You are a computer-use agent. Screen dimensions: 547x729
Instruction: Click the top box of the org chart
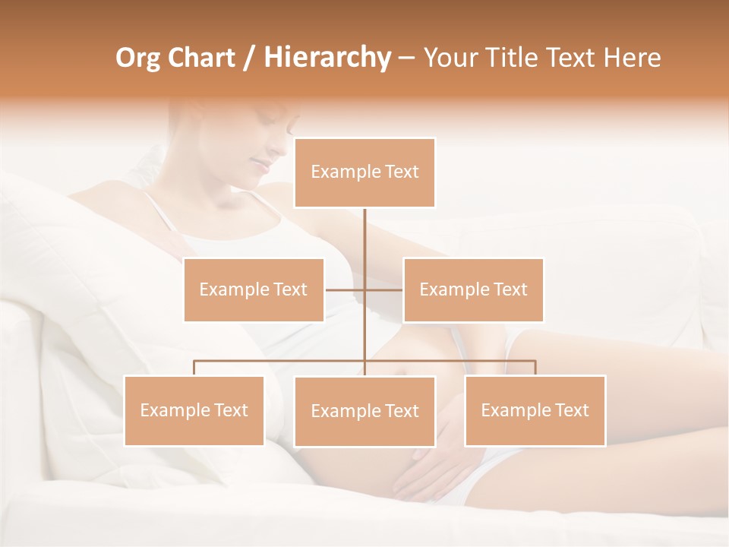364,172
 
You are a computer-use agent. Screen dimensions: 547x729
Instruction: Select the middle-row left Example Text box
254,289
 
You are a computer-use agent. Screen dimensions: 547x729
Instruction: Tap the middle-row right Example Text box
473,289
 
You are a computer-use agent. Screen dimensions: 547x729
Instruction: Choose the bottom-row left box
194,410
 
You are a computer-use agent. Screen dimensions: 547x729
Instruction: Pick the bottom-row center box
364,411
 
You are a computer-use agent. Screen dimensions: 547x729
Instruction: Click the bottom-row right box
535,410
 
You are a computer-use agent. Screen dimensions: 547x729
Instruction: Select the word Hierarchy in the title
327,58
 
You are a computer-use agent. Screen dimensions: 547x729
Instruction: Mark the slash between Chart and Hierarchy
249,58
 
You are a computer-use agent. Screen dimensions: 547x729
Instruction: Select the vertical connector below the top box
364,243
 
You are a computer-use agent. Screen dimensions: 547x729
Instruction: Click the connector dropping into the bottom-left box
194,368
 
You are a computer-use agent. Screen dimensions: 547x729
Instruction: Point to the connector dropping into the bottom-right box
535,368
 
